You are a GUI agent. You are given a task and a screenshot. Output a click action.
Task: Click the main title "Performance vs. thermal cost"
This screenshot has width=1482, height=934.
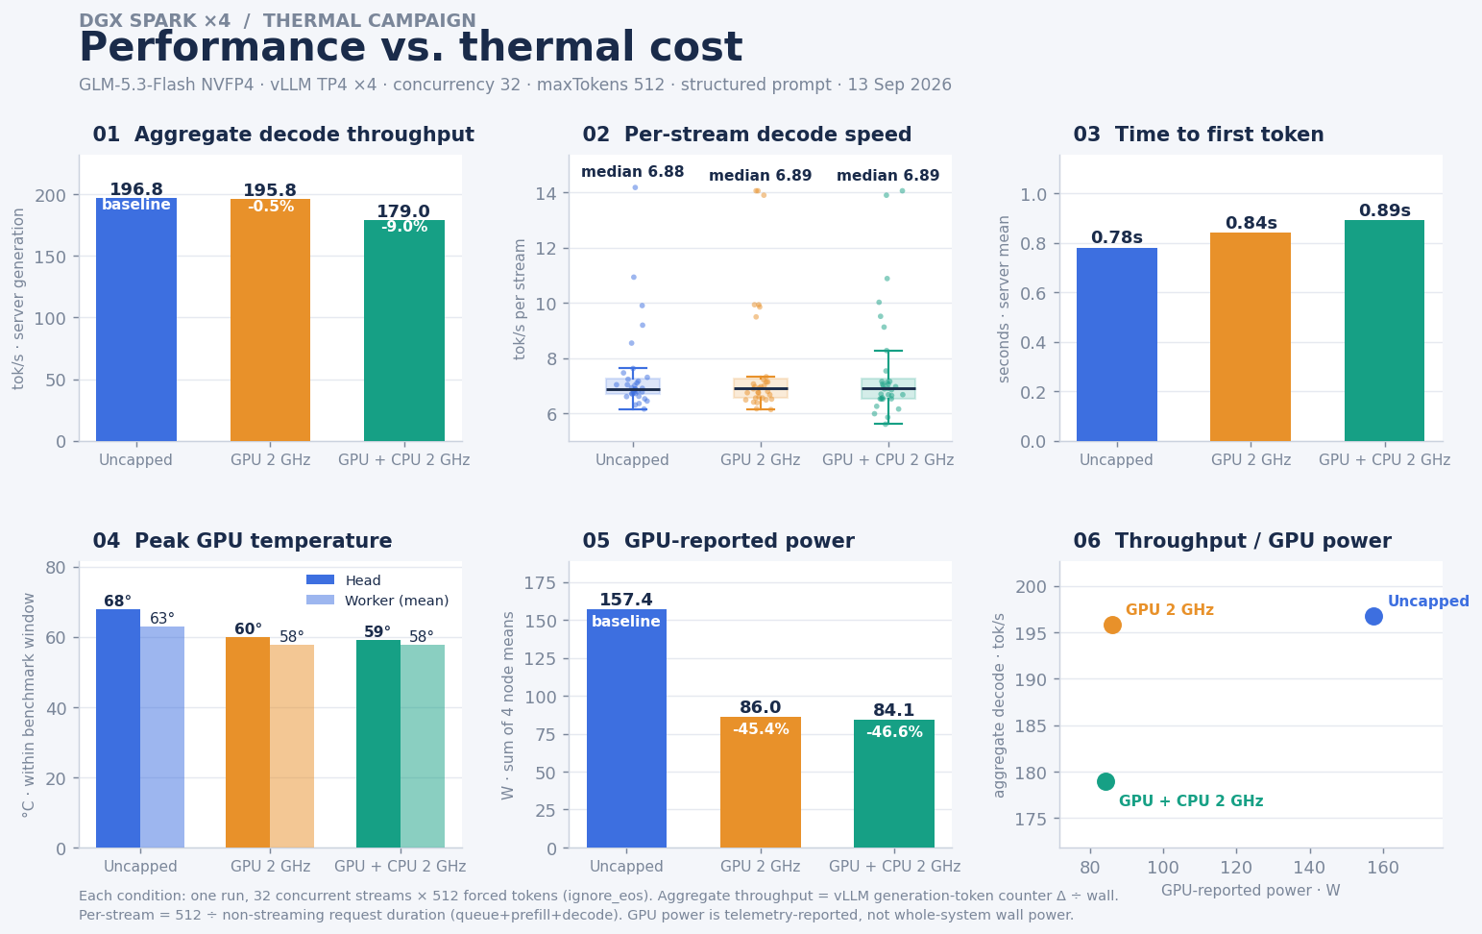[x=410, y=48]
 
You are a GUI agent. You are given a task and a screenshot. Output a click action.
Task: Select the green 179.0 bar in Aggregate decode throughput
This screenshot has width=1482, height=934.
[x=404, y=331]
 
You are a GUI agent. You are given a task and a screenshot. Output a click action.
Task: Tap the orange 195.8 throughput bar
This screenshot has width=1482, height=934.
[x=270, y=320]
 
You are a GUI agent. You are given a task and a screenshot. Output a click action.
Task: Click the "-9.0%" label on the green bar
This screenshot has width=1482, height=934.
[x=404, y=227]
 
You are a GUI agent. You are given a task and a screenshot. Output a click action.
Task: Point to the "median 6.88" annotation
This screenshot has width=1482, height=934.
[x=633, y=172]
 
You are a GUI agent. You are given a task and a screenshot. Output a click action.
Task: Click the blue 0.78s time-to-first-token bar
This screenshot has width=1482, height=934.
[x=1117, y=344]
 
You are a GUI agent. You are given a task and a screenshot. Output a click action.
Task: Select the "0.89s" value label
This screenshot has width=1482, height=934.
[x=1385, y=210]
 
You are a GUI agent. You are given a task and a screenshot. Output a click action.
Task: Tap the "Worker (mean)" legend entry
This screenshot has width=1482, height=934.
[x=397, y=601]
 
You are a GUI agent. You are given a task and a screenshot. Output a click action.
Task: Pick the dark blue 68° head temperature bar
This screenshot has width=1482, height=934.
[x=118, y=728]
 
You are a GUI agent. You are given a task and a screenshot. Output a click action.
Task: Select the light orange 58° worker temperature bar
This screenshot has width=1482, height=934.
[x=292, y=746]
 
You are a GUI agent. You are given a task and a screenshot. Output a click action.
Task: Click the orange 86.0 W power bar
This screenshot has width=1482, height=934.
[x=760, y=782]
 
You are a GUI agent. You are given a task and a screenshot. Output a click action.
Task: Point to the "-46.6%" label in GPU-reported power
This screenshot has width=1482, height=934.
[x=894, y=732]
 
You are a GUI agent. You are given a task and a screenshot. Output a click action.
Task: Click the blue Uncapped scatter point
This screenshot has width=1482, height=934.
[x=1373, y=616]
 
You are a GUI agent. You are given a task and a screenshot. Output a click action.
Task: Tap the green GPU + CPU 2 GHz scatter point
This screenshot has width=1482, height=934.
[x=1105, y=782]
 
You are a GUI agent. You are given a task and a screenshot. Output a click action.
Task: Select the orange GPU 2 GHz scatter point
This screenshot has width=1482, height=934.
[x=1112, y=625]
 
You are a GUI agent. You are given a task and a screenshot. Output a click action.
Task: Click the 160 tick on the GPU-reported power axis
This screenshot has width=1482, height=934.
[x=1383, y=868]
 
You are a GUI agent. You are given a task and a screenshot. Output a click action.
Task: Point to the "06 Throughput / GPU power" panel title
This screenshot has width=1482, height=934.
[x=1232, y=541]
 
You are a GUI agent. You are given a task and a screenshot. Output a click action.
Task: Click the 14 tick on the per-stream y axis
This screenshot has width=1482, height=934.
[x=546, y=194]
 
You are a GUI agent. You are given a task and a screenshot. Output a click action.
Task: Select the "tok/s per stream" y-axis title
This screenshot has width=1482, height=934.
[x=520, y=299]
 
